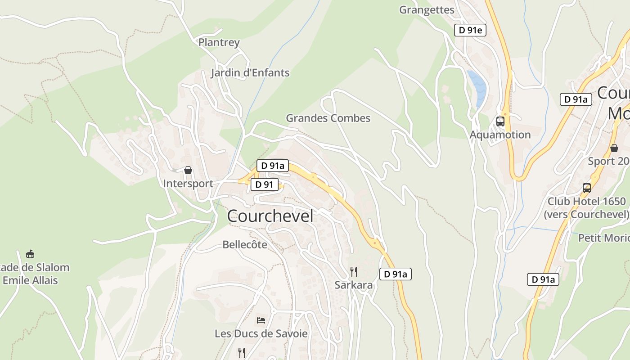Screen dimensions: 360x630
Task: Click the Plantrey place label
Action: tap(219, 42)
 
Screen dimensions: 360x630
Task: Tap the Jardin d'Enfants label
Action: tap(250, 72)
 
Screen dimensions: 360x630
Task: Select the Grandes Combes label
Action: tap(328, 118)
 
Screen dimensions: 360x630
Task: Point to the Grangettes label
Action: tap(427, 9)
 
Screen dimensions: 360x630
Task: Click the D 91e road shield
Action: tap(470, 30)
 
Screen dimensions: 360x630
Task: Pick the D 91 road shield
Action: tap(264, 184)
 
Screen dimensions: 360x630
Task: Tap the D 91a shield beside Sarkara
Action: tap(395, 274)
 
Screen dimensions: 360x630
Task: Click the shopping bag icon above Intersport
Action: tap(188, 170)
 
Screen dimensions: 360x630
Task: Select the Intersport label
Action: tap(188, 184)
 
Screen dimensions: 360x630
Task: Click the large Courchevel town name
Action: tap(270, 216)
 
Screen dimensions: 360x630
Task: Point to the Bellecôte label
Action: tap(245, 245)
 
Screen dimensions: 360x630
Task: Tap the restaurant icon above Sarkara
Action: tap(354, 271)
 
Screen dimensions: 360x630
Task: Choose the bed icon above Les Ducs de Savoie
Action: tap(261, 320)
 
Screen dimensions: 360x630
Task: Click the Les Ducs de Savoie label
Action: tap(261, 333)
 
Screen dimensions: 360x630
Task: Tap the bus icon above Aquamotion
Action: tap(500, 121)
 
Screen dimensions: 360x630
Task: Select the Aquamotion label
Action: tap(500, 135)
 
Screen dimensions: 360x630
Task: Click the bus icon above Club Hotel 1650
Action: tap(586, 188)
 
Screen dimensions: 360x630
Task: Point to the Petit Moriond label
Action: tap(603, 237)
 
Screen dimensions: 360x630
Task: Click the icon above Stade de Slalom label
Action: tap(30, 254)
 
